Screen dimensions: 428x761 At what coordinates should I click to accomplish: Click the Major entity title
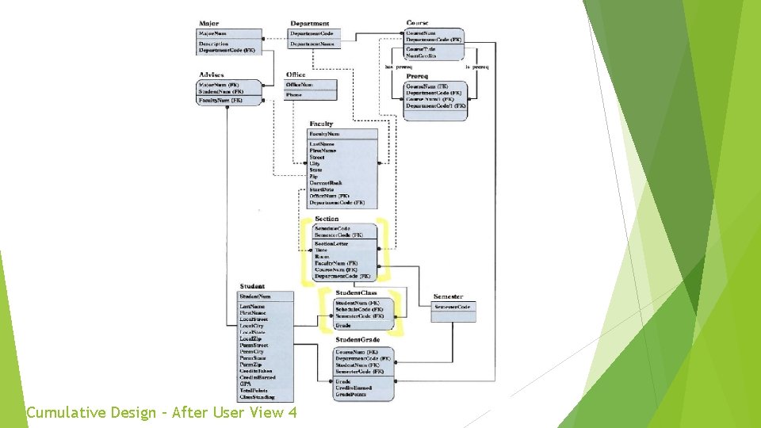209,24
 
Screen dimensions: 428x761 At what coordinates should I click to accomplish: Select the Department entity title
310,24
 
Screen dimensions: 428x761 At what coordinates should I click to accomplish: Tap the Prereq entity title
417,76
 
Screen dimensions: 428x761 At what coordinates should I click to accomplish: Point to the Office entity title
296,75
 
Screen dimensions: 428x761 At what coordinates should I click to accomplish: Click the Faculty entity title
321,124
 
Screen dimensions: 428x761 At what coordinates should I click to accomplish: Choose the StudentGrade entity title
357,340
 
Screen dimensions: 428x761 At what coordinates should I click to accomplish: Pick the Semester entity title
449,296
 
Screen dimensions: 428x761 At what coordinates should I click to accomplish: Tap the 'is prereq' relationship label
477,67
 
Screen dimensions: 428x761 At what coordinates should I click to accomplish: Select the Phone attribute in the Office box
294,94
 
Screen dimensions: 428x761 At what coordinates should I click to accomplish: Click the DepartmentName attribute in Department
312,44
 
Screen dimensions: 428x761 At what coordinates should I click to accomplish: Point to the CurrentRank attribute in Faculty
326,183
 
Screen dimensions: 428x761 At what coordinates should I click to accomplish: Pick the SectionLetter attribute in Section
331,243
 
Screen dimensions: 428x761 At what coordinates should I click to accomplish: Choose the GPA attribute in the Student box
245,384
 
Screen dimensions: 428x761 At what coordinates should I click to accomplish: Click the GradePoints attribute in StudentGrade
352,394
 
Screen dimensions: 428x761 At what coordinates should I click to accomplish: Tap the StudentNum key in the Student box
255,296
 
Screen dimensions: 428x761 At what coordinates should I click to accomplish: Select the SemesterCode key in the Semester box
453,307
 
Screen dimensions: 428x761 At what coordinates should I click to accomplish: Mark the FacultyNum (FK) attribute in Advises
220,101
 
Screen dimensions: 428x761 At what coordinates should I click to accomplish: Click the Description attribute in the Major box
214,44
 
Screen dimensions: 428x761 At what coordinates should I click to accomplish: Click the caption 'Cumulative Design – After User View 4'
162,413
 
